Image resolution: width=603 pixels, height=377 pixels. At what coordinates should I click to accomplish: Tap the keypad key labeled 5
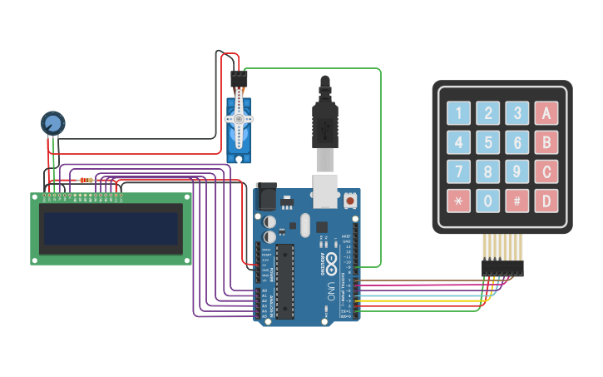[x=487, y=142]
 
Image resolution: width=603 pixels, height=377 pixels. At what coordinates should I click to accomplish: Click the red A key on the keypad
[x=546, y=112]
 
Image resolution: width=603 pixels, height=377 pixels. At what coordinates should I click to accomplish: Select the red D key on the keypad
[x=546, y=201]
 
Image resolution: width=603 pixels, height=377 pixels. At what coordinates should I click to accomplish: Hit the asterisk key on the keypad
[x=457, y=201]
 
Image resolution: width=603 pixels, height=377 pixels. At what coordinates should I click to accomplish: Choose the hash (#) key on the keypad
[x=517, y=201]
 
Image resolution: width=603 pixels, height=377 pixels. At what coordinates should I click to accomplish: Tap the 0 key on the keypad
[x=487, y=201]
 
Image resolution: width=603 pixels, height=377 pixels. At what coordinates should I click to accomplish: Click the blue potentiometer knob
[x=52, y=124]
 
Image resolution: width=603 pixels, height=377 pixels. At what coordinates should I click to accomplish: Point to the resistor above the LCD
[x=86, y=180]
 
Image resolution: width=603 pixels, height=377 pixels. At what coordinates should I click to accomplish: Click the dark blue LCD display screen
[x=111, y=229]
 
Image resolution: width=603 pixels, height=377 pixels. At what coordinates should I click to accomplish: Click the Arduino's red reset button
[x=350, y=201]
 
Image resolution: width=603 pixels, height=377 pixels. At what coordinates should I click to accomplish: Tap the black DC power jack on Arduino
[x=265, y=196]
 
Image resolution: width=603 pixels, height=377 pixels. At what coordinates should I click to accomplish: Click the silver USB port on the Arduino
[x=324, y=190]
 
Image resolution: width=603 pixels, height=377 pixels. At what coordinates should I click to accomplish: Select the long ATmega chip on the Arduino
[x=285, y=281]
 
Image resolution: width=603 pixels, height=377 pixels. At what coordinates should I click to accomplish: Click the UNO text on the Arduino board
[x=329, y=291]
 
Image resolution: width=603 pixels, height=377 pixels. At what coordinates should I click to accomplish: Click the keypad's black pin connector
[x=502, y=268]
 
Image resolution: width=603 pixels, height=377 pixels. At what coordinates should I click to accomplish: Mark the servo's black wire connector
[x=239, y=79]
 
